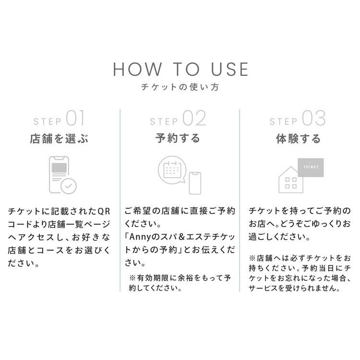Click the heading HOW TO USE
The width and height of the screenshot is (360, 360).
(x=180, y=69)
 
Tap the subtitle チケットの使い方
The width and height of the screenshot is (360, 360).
(x=180, y=87)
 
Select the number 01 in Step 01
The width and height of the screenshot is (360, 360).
(x=75, y=118)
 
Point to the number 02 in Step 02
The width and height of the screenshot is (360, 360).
(x=194, y=118)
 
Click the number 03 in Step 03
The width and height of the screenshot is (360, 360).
(x=314, y=118)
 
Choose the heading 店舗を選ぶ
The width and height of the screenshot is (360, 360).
(x=59, y=139)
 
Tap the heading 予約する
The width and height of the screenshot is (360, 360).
(x=178, y=138)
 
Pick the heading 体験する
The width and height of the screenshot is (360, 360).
(x=298, y=139)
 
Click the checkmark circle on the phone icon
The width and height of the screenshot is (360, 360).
(x=69, y=186)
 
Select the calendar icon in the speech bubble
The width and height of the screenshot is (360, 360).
(x=172, y=170)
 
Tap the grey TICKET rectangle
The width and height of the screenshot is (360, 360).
(x=311, y=168)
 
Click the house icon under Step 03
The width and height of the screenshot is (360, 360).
(x=291, y=180)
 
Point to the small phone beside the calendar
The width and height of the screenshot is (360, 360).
(x=195, y=183)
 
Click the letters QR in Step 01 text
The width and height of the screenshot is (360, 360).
(x=104, y=212)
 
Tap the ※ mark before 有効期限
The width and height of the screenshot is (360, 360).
(x=132, y=278)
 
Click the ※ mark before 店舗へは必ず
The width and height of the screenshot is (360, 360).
(x=252, y=258)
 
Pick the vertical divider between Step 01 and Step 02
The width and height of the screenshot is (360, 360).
(x=120, y=200)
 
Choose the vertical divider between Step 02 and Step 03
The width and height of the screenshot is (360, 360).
(x=240, y=200)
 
